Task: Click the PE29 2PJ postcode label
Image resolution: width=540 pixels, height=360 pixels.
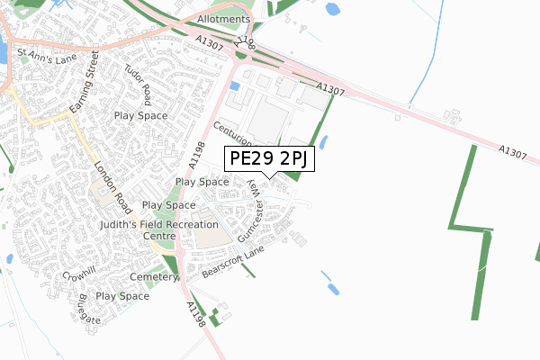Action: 269,159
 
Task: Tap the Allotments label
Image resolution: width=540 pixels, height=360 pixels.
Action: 223,19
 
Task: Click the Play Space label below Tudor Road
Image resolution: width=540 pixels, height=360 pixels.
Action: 141,116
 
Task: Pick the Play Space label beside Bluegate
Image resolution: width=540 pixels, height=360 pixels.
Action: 123,296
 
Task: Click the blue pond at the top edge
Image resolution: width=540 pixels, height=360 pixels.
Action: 332,10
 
